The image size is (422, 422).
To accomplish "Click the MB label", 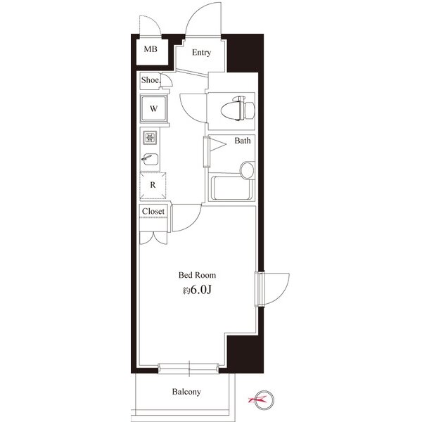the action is click(x=151, y=49).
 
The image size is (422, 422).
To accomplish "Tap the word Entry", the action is click(x=201, y=53).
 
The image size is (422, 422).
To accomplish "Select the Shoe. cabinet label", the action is click(x=151, y=80).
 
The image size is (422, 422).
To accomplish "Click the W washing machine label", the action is click(x=153, y=109).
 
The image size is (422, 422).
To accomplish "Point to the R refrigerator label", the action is click(x=153, y=185).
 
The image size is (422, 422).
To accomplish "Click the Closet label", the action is click(x=153, y=211).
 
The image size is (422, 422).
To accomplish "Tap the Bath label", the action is click(x=243, y=141).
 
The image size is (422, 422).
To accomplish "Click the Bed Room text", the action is click(x=197, y=275).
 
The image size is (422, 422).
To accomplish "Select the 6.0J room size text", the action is click(x=200, y=290).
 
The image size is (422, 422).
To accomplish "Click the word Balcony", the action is click(x=186, y=392).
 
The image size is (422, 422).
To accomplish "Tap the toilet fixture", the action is click(x=238, y=108).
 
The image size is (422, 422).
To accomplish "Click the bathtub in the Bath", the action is click(x=231, y=188).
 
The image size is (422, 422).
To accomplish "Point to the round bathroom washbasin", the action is click(x=247, y=170).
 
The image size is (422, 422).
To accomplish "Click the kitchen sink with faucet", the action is click(x=151, y=159).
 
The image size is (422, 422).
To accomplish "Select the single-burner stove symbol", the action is click(x=151, y=138).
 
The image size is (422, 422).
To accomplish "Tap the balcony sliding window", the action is click(x=188, y=368).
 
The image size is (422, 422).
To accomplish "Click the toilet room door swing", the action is click(x=193, y=108).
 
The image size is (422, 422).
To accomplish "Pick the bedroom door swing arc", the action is click(x=186, y=218).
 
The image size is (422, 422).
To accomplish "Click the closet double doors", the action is click(x=153, y=238).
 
